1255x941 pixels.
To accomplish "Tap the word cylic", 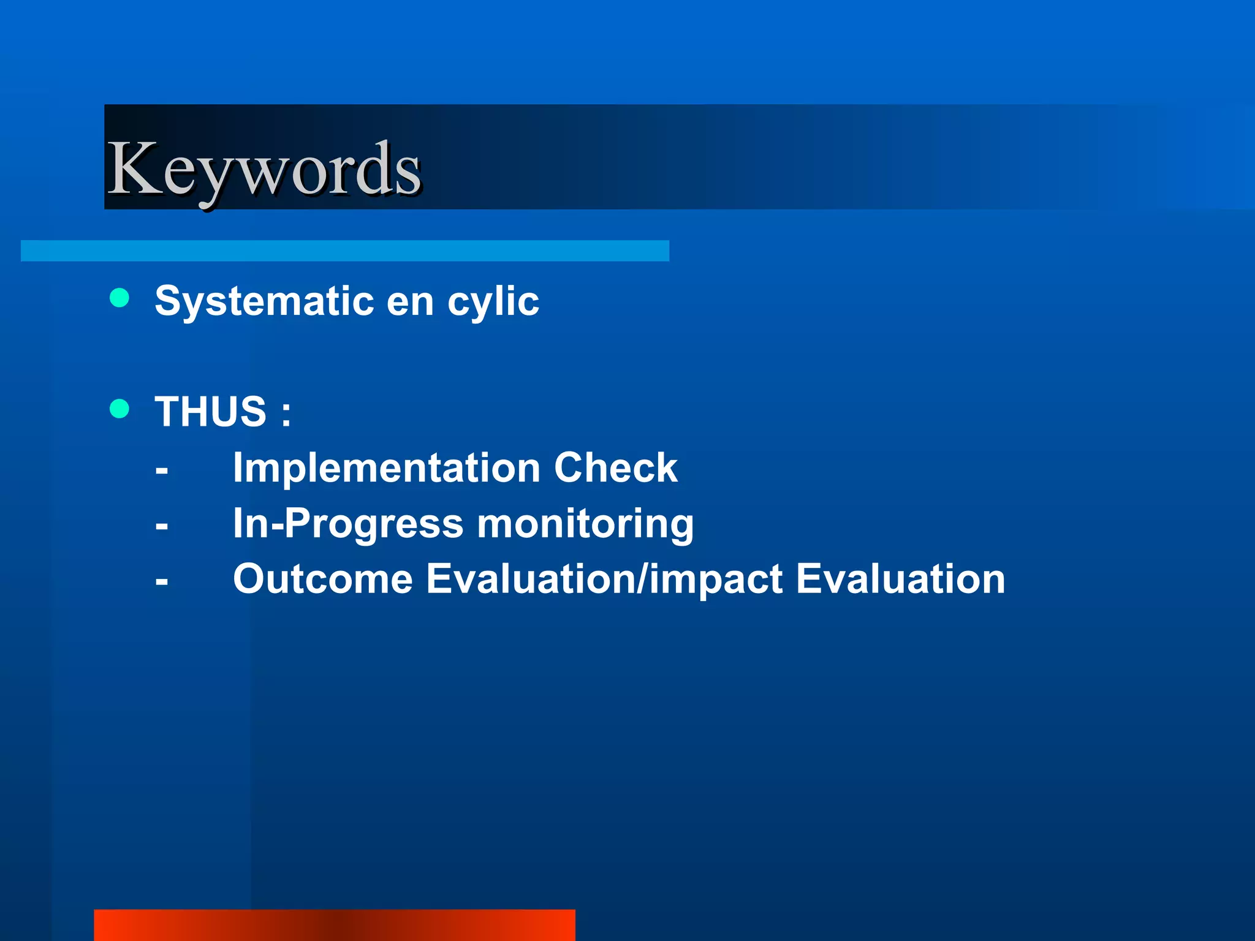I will tap(493, 301).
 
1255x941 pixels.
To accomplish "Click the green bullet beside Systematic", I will tap(119, 298).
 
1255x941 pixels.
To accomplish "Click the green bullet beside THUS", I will tap(119, 408).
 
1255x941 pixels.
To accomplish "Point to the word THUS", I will tap(210, 411).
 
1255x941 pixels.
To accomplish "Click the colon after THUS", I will tap(286, 414).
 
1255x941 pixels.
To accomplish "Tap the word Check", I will tap(615, 467).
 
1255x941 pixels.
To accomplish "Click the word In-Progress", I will tap(347, 524).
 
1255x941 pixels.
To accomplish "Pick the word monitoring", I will tap(585, 524).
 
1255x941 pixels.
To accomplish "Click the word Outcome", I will tap(323, 579).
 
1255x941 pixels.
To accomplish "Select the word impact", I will tap(715, 580).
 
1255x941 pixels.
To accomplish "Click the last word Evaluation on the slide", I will tap(900, 579).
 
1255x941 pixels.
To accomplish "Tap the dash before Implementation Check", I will tap(162, 471).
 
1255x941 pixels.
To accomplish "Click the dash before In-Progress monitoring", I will tap(162, 526).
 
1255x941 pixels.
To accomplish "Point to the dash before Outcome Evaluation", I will tap(162, 581).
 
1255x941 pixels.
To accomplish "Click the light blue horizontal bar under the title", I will tap(344, 251).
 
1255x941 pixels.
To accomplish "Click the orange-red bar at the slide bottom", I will tap(334, 925).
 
